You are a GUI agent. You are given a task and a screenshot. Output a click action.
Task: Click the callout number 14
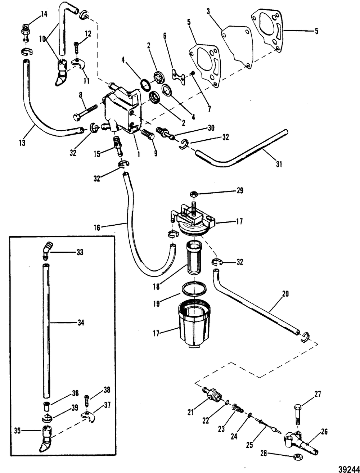click(44, 14)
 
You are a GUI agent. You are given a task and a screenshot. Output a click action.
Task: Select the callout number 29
click(239, 190)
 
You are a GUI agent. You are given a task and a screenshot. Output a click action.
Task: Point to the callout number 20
click(285, 294)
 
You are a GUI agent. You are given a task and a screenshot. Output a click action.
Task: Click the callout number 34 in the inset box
click(80, 323)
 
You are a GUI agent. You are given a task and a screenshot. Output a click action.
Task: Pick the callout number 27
click(318, 394)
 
